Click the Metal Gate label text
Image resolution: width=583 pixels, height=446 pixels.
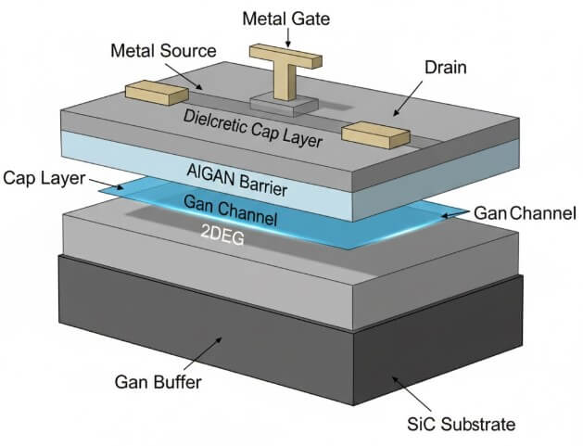click(x=285, y=18)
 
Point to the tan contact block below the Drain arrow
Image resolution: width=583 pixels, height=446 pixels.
click(x=374, y=134)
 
